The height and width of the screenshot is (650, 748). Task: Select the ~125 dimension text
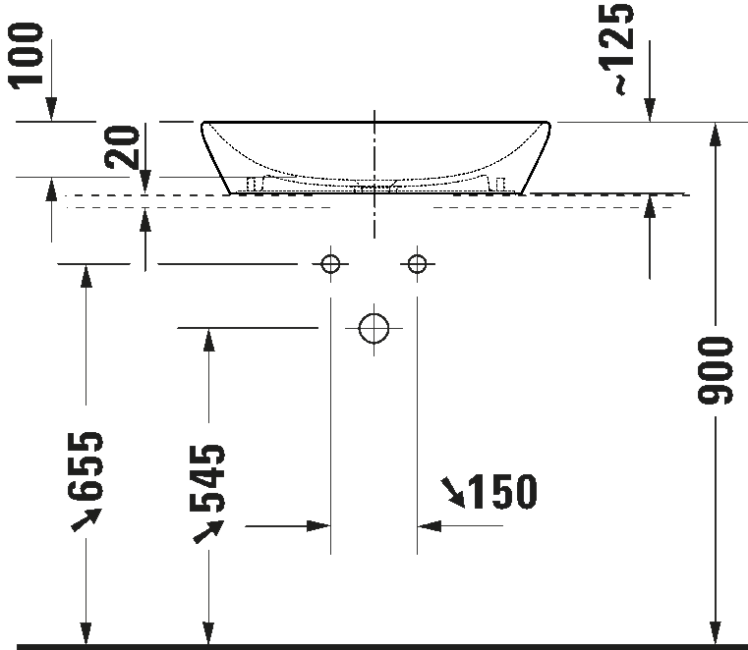pyautogui.click(x=618, y=49)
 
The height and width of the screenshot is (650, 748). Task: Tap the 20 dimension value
pyautogui.click(x=122, y=146)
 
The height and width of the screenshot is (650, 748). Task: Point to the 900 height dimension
pyautogui.click(x=715, y=371)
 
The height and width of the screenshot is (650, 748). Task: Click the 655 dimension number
pyautogui.click(x=86, y=466)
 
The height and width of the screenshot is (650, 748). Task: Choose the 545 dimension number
pyautogui.click(x=208, y=478)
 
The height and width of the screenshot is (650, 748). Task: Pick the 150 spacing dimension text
pyautogui.click(x=503, y=491)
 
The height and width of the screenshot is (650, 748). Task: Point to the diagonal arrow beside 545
pyautogui.click(x=208, y=531)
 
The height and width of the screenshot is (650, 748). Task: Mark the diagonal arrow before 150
pyautogui.click(x=453, y=492)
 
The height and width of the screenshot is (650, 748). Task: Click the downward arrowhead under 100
pyautogui.click(x=51, y=109)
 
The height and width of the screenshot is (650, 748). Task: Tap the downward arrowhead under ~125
pyautogui.click(x=650, y=110)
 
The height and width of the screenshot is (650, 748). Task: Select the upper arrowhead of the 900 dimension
pyautogui.click(x=715, y=135)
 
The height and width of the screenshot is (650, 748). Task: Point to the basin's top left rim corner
pyautogui.click(x=202, y=123)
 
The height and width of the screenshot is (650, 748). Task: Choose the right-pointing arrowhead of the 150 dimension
pyautogui.click(x=318, y=526)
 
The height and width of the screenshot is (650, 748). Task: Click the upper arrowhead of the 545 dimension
pyautogui.click(x=208, y=341)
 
